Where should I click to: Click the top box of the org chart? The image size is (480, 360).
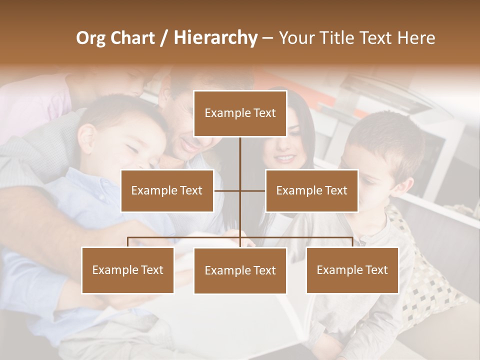tap(240, 113)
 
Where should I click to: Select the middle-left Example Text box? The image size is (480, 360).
tap(167, 190)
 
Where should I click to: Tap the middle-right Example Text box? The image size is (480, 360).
tap(311, 190)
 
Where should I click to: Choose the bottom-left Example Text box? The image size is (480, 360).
tap(127, 270)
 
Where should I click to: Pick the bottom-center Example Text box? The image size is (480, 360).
tap(240, 270)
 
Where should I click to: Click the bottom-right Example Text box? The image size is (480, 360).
tap(352, 270)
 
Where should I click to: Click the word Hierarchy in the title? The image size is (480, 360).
tap(215, 37)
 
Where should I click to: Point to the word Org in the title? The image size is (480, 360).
tap(90, 38)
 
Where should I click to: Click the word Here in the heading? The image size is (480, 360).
tap(416, 38)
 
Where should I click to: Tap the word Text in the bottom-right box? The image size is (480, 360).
tap(376, 270)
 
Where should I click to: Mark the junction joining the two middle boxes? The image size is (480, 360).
tap(240, 190)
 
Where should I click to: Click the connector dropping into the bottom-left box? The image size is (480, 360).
tap(127, 242)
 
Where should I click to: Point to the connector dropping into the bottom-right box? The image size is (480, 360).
tap(352, 242)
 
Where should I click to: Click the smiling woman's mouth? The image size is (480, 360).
tap(285, 158)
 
